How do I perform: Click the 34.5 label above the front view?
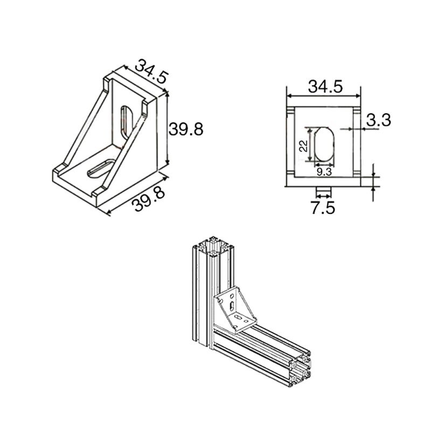(325, 86)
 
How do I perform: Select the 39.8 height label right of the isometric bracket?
(186, 129)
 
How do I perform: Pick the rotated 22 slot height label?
(303, 145)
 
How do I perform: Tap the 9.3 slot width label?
(324, 172)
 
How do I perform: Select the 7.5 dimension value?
(323, 207)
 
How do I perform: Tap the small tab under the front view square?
(323, 191)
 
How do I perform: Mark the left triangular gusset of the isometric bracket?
(86, 129)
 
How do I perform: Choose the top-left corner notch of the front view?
(290, 111)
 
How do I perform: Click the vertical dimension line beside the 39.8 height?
(167, 129)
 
